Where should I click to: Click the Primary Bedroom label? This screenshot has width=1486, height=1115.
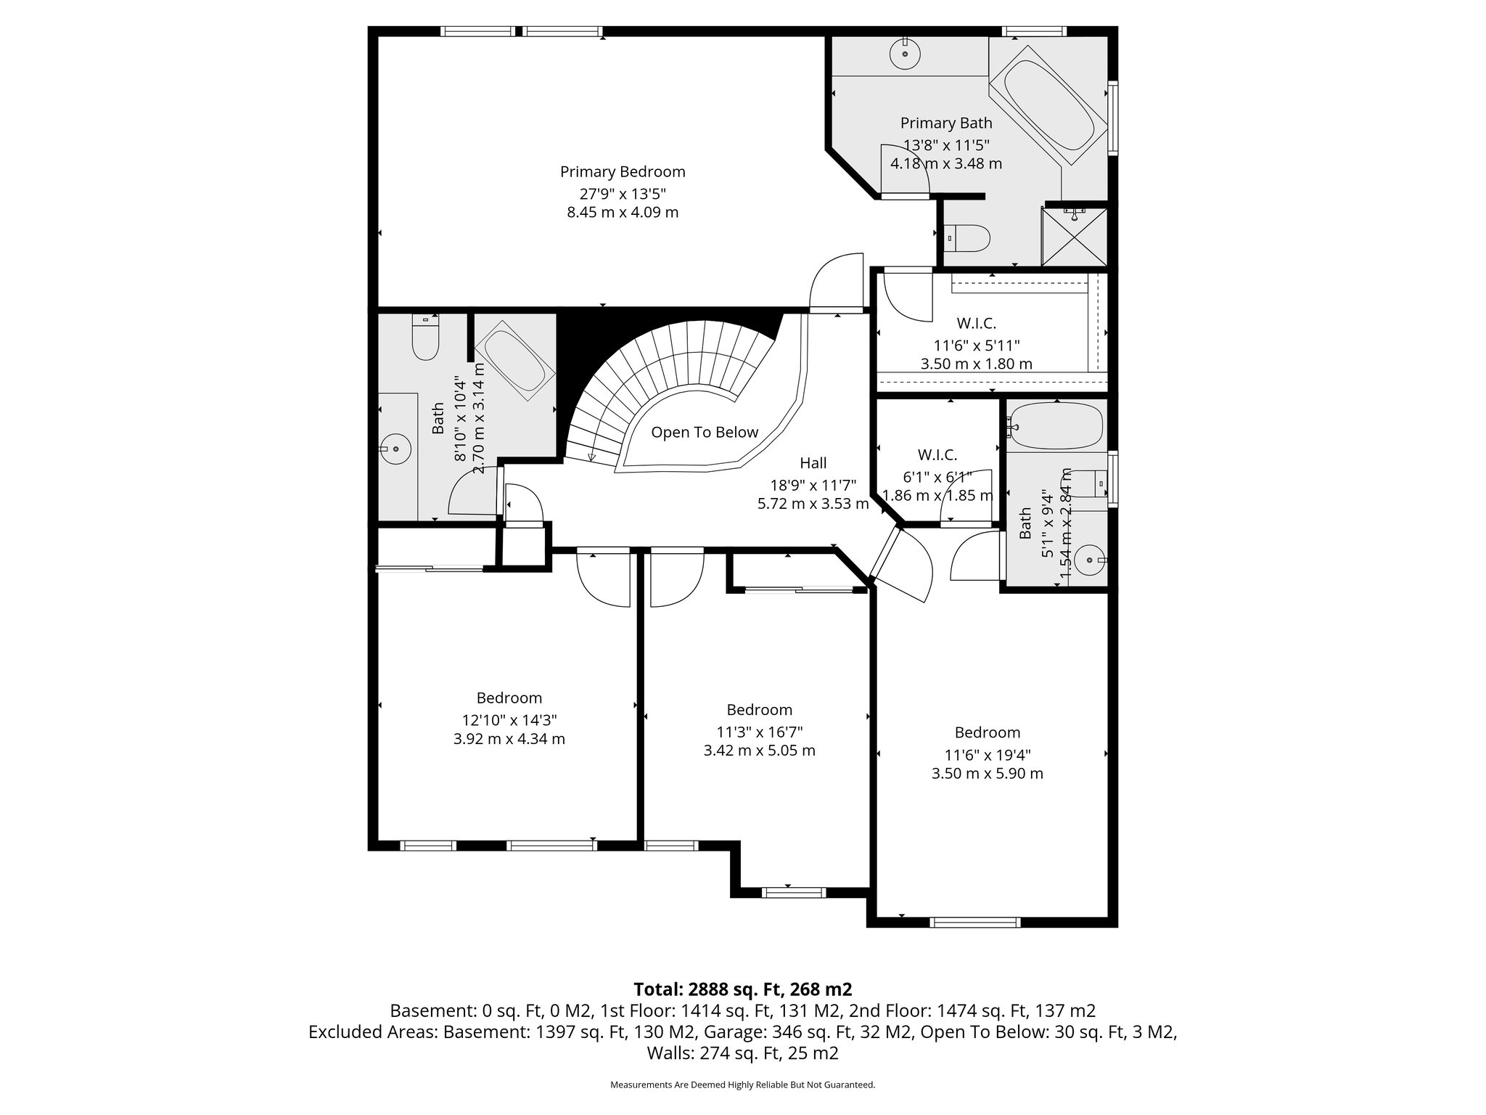pos(623,172)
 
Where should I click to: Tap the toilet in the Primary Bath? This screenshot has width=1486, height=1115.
pos(969,238)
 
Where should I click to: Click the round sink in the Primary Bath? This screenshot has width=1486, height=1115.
pos(905,53)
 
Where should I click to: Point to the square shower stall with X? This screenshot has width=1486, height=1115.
pos(1075,237)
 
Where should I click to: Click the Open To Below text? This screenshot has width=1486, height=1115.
pos(704,433)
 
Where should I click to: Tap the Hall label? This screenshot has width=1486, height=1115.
pos(813,463)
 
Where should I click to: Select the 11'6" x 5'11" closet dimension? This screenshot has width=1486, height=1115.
pos(976,346)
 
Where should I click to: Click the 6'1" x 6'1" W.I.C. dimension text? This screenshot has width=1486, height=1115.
pos(937,477)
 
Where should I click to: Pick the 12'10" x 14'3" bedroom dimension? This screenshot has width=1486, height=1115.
pos(509,720)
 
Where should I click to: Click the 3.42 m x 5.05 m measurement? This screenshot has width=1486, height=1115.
pos(759,751)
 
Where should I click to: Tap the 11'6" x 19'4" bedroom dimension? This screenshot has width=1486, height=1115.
pos(987,755)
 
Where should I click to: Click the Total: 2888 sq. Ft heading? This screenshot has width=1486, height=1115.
pos(742,989)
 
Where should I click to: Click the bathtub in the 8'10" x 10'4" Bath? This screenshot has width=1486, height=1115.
pos(514,363)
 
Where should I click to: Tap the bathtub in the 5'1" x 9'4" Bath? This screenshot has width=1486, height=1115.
pos(1057,425)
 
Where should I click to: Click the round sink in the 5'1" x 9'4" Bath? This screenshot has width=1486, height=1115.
pos(1089,560)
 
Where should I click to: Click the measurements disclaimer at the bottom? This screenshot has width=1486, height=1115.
pos(742,1085)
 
